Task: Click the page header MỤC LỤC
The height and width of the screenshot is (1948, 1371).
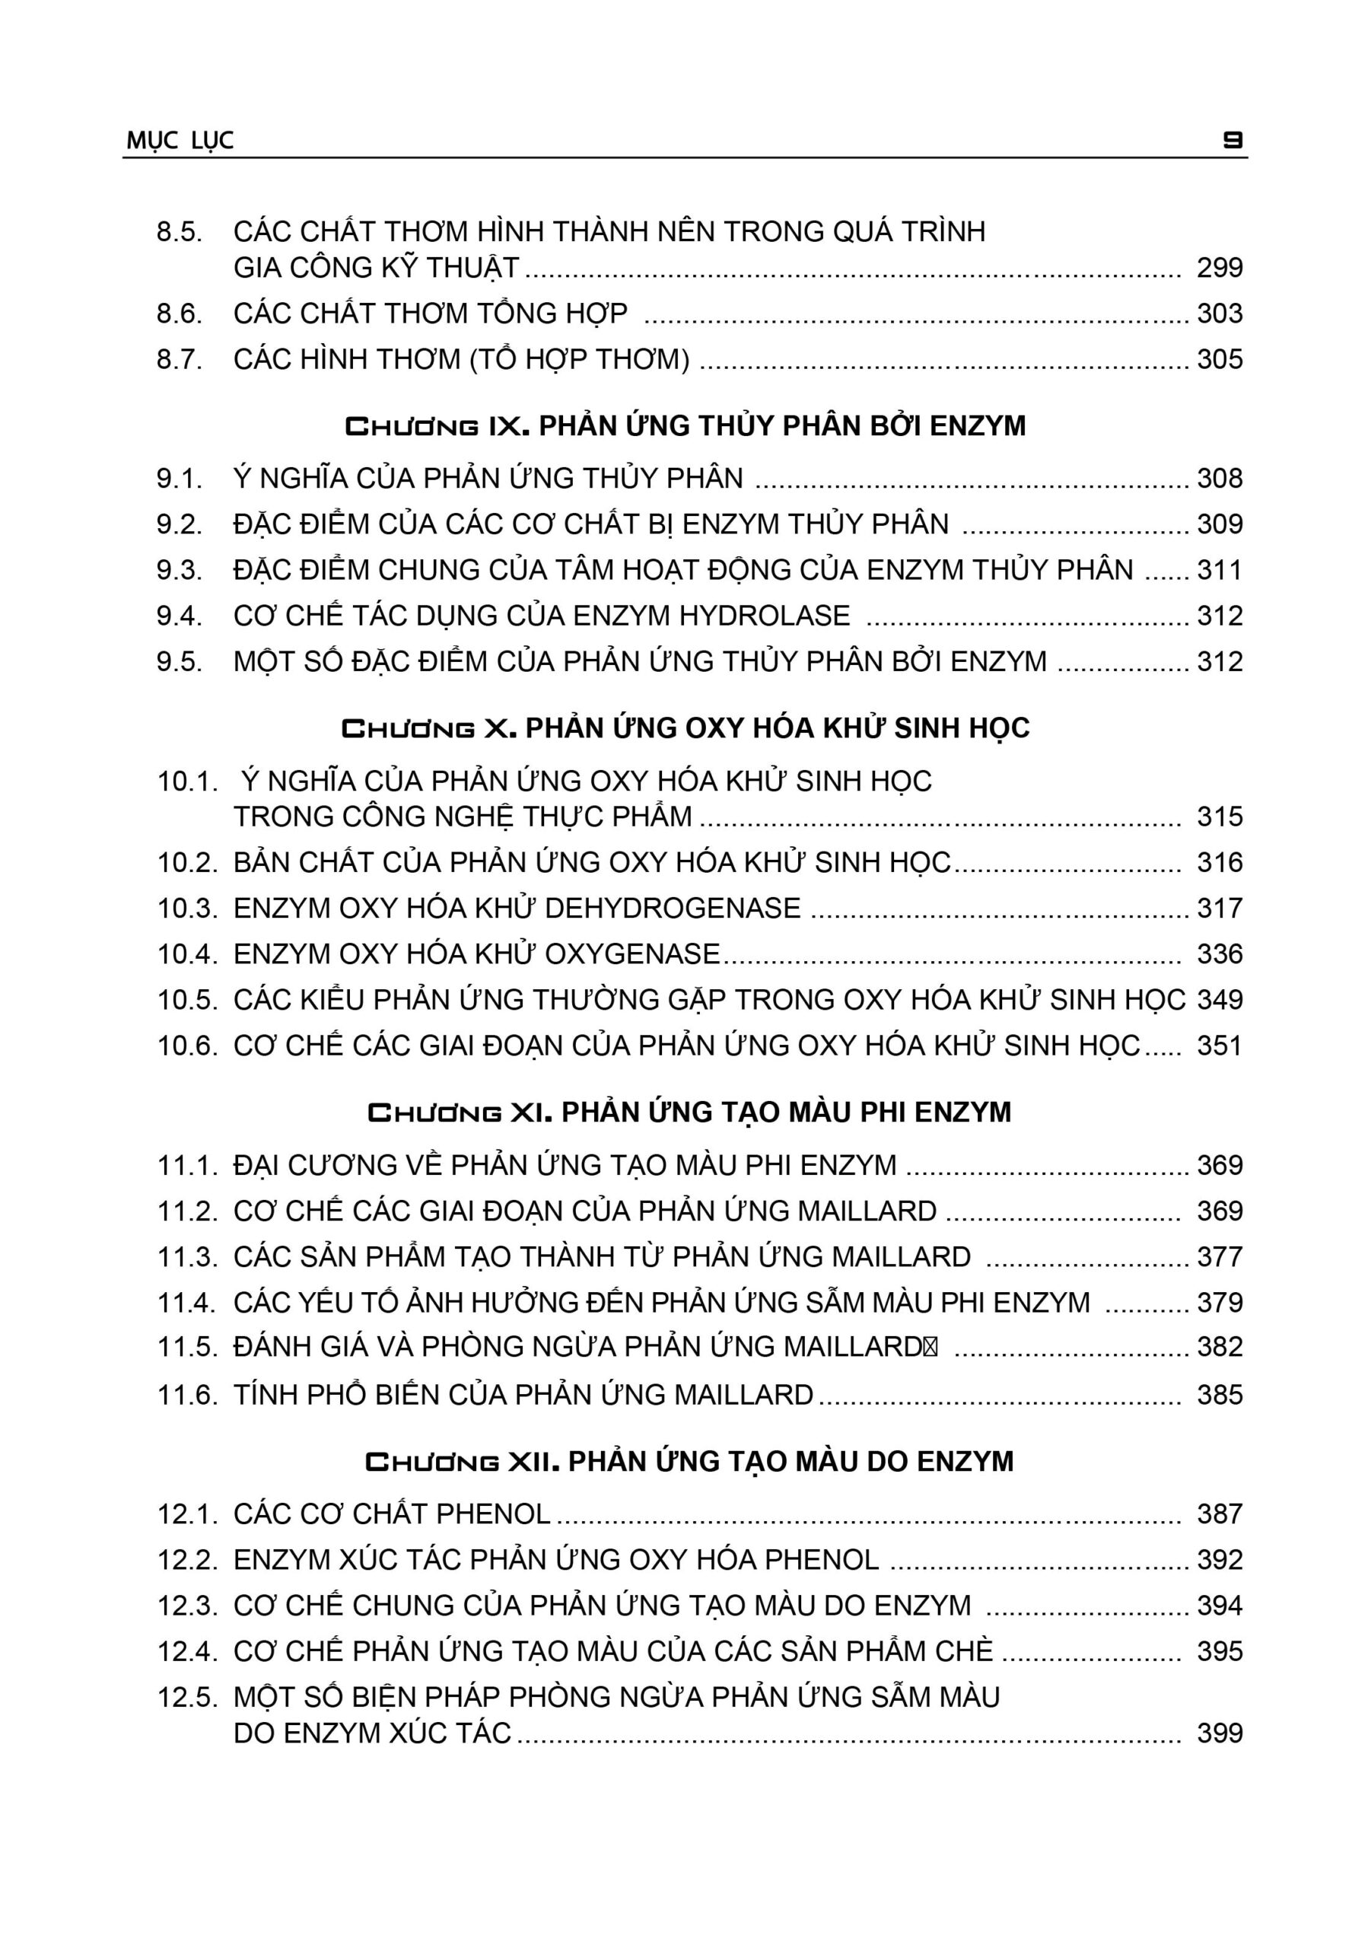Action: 180,140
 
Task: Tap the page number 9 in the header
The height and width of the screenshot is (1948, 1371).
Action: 1233,140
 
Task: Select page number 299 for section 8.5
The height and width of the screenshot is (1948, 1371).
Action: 1219,268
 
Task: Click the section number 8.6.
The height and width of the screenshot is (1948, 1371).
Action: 179,314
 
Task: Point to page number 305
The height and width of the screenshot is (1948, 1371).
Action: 1219,360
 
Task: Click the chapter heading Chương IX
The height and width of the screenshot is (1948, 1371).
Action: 685,425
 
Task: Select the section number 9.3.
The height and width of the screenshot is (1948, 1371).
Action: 179,570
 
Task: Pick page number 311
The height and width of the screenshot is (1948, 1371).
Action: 1219,570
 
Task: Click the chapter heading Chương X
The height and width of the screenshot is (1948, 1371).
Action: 685,728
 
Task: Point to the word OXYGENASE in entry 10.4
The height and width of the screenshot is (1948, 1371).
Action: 632,954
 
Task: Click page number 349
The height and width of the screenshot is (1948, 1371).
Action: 1219,1001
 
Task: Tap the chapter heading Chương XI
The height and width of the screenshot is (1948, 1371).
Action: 688,1112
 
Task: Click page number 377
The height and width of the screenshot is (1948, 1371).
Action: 1219,1256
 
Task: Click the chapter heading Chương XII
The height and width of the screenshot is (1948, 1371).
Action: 688,1462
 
